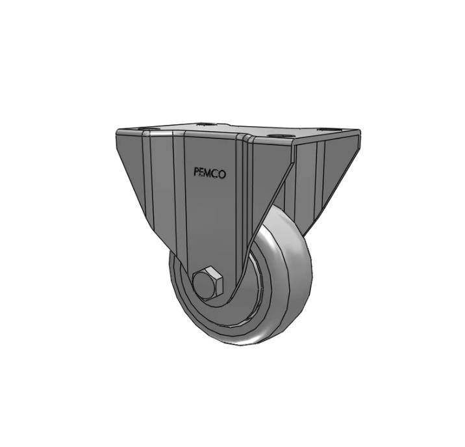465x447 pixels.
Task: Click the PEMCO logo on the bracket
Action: [x=210, y=174]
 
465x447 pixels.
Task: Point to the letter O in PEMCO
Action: [x=223, y=175]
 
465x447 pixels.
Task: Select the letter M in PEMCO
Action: [x=210, y=174]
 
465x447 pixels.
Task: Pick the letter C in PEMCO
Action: [x=216, y=174]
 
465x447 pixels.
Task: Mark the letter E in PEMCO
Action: [x=203, y=173]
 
